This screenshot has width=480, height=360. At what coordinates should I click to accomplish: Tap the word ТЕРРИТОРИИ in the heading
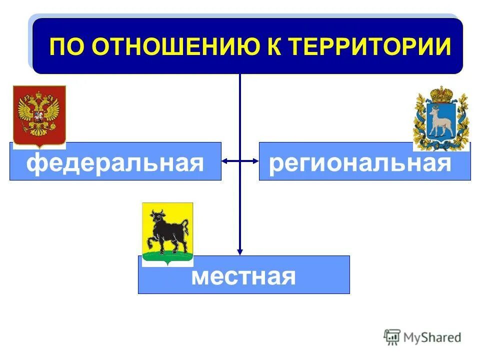point(372,47)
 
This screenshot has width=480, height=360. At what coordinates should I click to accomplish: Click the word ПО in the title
point(67,47)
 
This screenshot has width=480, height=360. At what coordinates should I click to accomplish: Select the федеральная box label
point(115,163)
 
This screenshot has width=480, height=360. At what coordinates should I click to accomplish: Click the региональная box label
point(360,163)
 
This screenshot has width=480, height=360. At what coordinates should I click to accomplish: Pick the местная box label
point(243,276)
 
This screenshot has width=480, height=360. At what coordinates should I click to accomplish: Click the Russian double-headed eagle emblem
point(39,115)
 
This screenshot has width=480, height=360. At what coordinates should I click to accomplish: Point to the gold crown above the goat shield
point(441,94)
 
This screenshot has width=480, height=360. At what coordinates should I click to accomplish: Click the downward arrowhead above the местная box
point(240,252)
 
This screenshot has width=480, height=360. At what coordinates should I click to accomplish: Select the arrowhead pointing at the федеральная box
point(225,161)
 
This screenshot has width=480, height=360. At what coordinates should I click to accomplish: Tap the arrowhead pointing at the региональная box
point(255,161)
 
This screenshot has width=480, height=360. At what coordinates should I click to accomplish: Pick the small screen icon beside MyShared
point(392,337)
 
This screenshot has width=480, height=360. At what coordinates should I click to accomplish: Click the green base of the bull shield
point(167,257)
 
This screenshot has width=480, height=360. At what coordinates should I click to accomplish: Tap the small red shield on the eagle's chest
point(38,118)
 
